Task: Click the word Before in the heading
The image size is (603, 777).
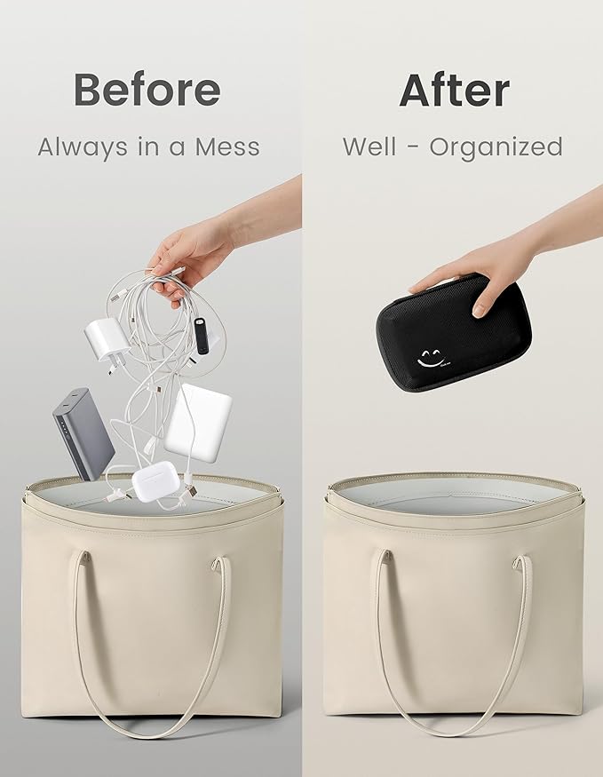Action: click(x=147, y=90)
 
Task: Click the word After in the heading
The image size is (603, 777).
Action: click(x=455, y=91)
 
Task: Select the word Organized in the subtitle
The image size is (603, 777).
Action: click(x=496, y=147)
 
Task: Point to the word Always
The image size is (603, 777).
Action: click(x=83, y=148)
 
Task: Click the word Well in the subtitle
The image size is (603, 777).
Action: click(x=369, y=147)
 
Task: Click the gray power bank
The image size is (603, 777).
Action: click(x=83, y=434)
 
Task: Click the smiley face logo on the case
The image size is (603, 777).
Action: click(x=429, y=358)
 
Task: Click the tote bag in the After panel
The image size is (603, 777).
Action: click(x=454, y=599)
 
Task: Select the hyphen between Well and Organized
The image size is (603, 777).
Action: click(x=413, y=148)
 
